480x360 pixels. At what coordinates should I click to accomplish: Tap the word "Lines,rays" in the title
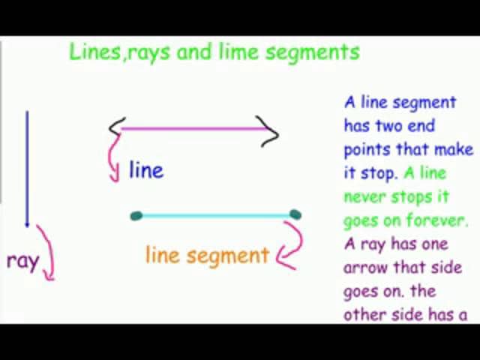(x=110, y=52)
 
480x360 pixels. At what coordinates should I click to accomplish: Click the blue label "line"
(x=145, y=170)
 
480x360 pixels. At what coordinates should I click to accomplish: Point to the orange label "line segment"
(x=207, y=255)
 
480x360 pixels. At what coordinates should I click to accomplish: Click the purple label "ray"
(x=22, y=261)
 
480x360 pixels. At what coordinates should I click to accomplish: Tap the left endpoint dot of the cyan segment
(x=136, y=216)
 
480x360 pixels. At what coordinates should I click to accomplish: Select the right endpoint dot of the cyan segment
(x=295, y=215)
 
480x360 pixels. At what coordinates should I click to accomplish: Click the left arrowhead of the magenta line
(x=115, y=128)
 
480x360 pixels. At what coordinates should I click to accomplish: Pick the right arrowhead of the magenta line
(x=271, y=132)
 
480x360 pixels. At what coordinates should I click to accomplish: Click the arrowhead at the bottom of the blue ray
(x=28, y=222)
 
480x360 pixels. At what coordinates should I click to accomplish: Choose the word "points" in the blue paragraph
(x=365, y=150)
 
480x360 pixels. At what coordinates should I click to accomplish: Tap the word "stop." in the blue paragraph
(x=380, y=173)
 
